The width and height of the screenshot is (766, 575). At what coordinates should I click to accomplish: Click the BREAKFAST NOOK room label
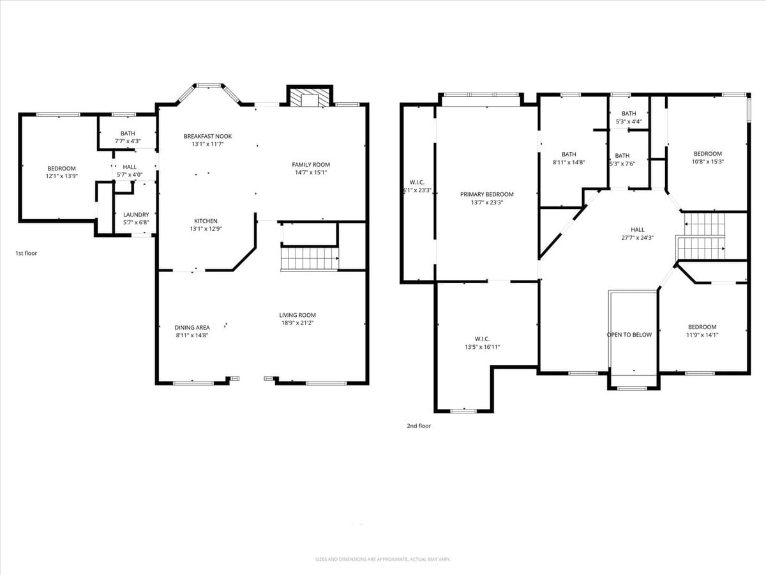(x=207, y=136)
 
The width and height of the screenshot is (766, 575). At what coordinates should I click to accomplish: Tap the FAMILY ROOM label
(x=311, y=165)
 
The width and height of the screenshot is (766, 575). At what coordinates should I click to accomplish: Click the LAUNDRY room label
(x=136, y=215)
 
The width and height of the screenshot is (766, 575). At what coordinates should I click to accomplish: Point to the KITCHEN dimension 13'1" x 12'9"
(x=206, y=229)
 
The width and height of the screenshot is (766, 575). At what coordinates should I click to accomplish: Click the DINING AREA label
(x=192, y=328)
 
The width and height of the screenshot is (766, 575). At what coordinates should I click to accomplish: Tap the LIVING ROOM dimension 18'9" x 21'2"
(x=297, y=323)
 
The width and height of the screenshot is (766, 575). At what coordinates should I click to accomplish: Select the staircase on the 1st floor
(x=310, y=259)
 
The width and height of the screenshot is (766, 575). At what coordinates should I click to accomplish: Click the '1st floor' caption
(x=26, y=254)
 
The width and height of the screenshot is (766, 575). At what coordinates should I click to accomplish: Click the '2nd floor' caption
(x=419, y=426)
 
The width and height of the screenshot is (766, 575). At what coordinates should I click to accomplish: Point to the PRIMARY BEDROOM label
(x=486, y=194)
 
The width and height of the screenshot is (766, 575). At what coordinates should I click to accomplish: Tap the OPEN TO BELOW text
(x=629, y=335)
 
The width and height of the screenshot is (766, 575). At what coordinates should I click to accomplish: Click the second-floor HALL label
(x=637, y=230)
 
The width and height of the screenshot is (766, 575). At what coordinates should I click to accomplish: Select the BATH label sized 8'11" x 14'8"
(x=569, y=154)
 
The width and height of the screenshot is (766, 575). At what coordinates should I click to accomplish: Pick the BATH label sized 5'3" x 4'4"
(x=629, y=114)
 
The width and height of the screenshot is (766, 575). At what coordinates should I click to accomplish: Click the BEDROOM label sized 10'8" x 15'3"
(x=708, y=154)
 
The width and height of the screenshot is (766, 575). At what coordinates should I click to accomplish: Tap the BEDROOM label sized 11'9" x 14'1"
(x=702, y=327)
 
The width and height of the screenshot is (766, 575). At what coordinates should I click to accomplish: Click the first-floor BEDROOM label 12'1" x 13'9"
(x=61, y=169)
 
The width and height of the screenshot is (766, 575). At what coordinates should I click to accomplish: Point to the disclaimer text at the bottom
(x=383, y=559)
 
